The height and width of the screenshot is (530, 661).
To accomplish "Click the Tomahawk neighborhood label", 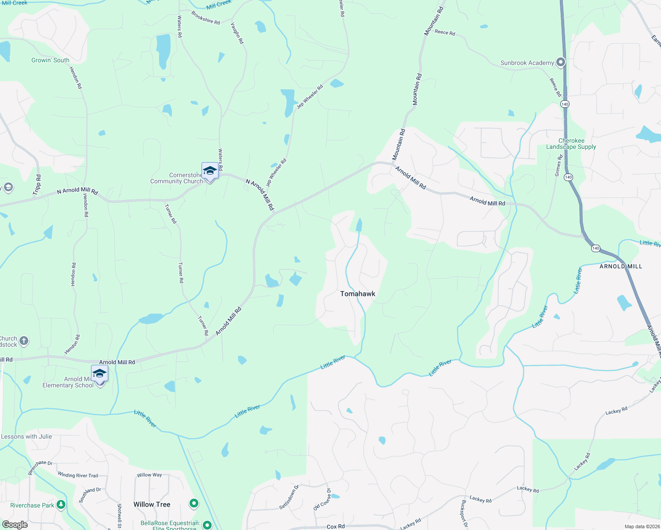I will pyautogui.click(x=357, y=294).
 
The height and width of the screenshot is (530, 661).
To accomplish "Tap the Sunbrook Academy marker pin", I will pyautogui.click(x=561, y=62).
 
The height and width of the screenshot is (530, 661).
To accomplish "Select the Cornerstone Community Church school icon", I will pyautogui.click(x=209, y=171).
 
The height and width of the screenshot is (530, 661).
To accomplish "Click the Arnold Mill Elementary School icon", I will pyautogui.click(x=99, y=374).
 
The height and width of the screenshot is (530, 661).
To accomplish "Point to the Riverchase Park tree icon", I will pyautogui.click(x=61, y=504).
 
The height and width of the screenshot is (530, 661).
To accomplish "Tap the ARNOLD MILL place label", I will pyautogui.click(x=621, y=266).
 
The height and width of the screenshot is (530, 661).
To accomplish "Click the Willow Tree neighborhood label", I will pyautogui.click(x=152, y=504).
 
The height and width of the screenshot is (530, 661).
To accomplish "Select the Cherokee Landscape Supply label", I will pyautogui.click(x=571, y=144).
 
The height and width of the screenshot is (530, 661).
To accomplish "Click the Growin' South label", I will pyautogui.click(x=50, y=60).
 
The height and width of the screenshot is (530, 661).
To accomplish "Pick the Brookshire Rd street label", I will pyautogui.click(x=205, y=18).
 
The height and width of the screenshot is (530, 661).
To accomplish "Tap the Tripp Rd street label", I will pyautogui.click(x=37, y=185).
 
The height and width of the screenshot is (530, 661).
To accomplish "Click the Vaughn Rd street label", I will pyautogui.click(x=237, y=33).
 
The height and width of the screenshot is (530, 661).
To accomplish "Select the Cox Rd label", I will pyautogui.click(x=335, y=526).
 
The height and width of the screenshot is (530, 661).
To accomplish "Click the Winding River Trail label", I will pyautogui.click(x=78, y=475).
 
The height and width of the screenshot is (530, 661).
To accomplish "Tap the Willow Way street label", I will pyautogui.click(x=149, y=475).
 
